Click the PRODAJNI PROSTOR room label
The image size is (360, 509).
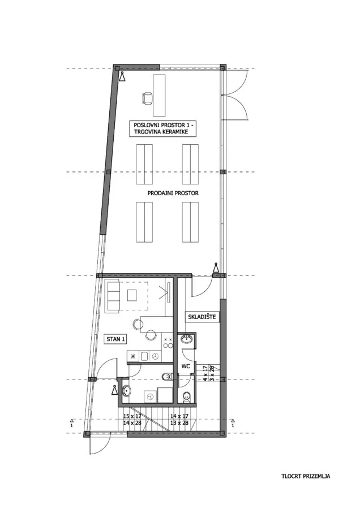[173, 193]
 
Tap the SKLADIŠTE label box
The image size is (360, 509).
[202, 317]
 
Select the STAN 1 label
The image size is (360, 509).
[115, 339]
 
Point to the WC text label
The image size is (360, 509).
[186, 366]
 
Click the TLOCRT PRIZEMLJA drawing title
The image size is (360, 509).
[306, 476]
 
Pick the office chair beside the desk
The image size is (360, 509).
[147, 98]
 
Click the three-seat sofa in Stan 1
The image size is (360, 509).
[113, 296]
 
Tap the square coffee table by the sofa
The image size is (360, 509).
[132, 295]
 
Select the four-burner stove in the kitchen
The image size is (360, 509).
[168, 342]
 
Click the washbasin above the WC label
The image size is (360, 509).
[187, 339]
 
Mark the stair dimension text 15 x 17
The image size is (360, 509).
[132, 416]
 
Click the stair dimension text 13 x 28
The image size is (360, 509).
[179, 422]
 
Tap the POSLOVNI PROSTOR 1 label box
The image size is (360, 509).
[165, 128]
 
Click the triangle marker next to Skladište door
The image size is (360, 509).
[216, 269]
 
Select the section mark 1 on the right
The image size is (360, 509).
[233, 422]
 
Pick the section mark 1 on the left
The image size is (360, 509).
[71, 422]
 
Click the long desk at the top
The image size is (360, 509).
[159, 96]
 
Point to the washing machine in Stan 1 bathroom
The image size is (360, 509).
[150, 396]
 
